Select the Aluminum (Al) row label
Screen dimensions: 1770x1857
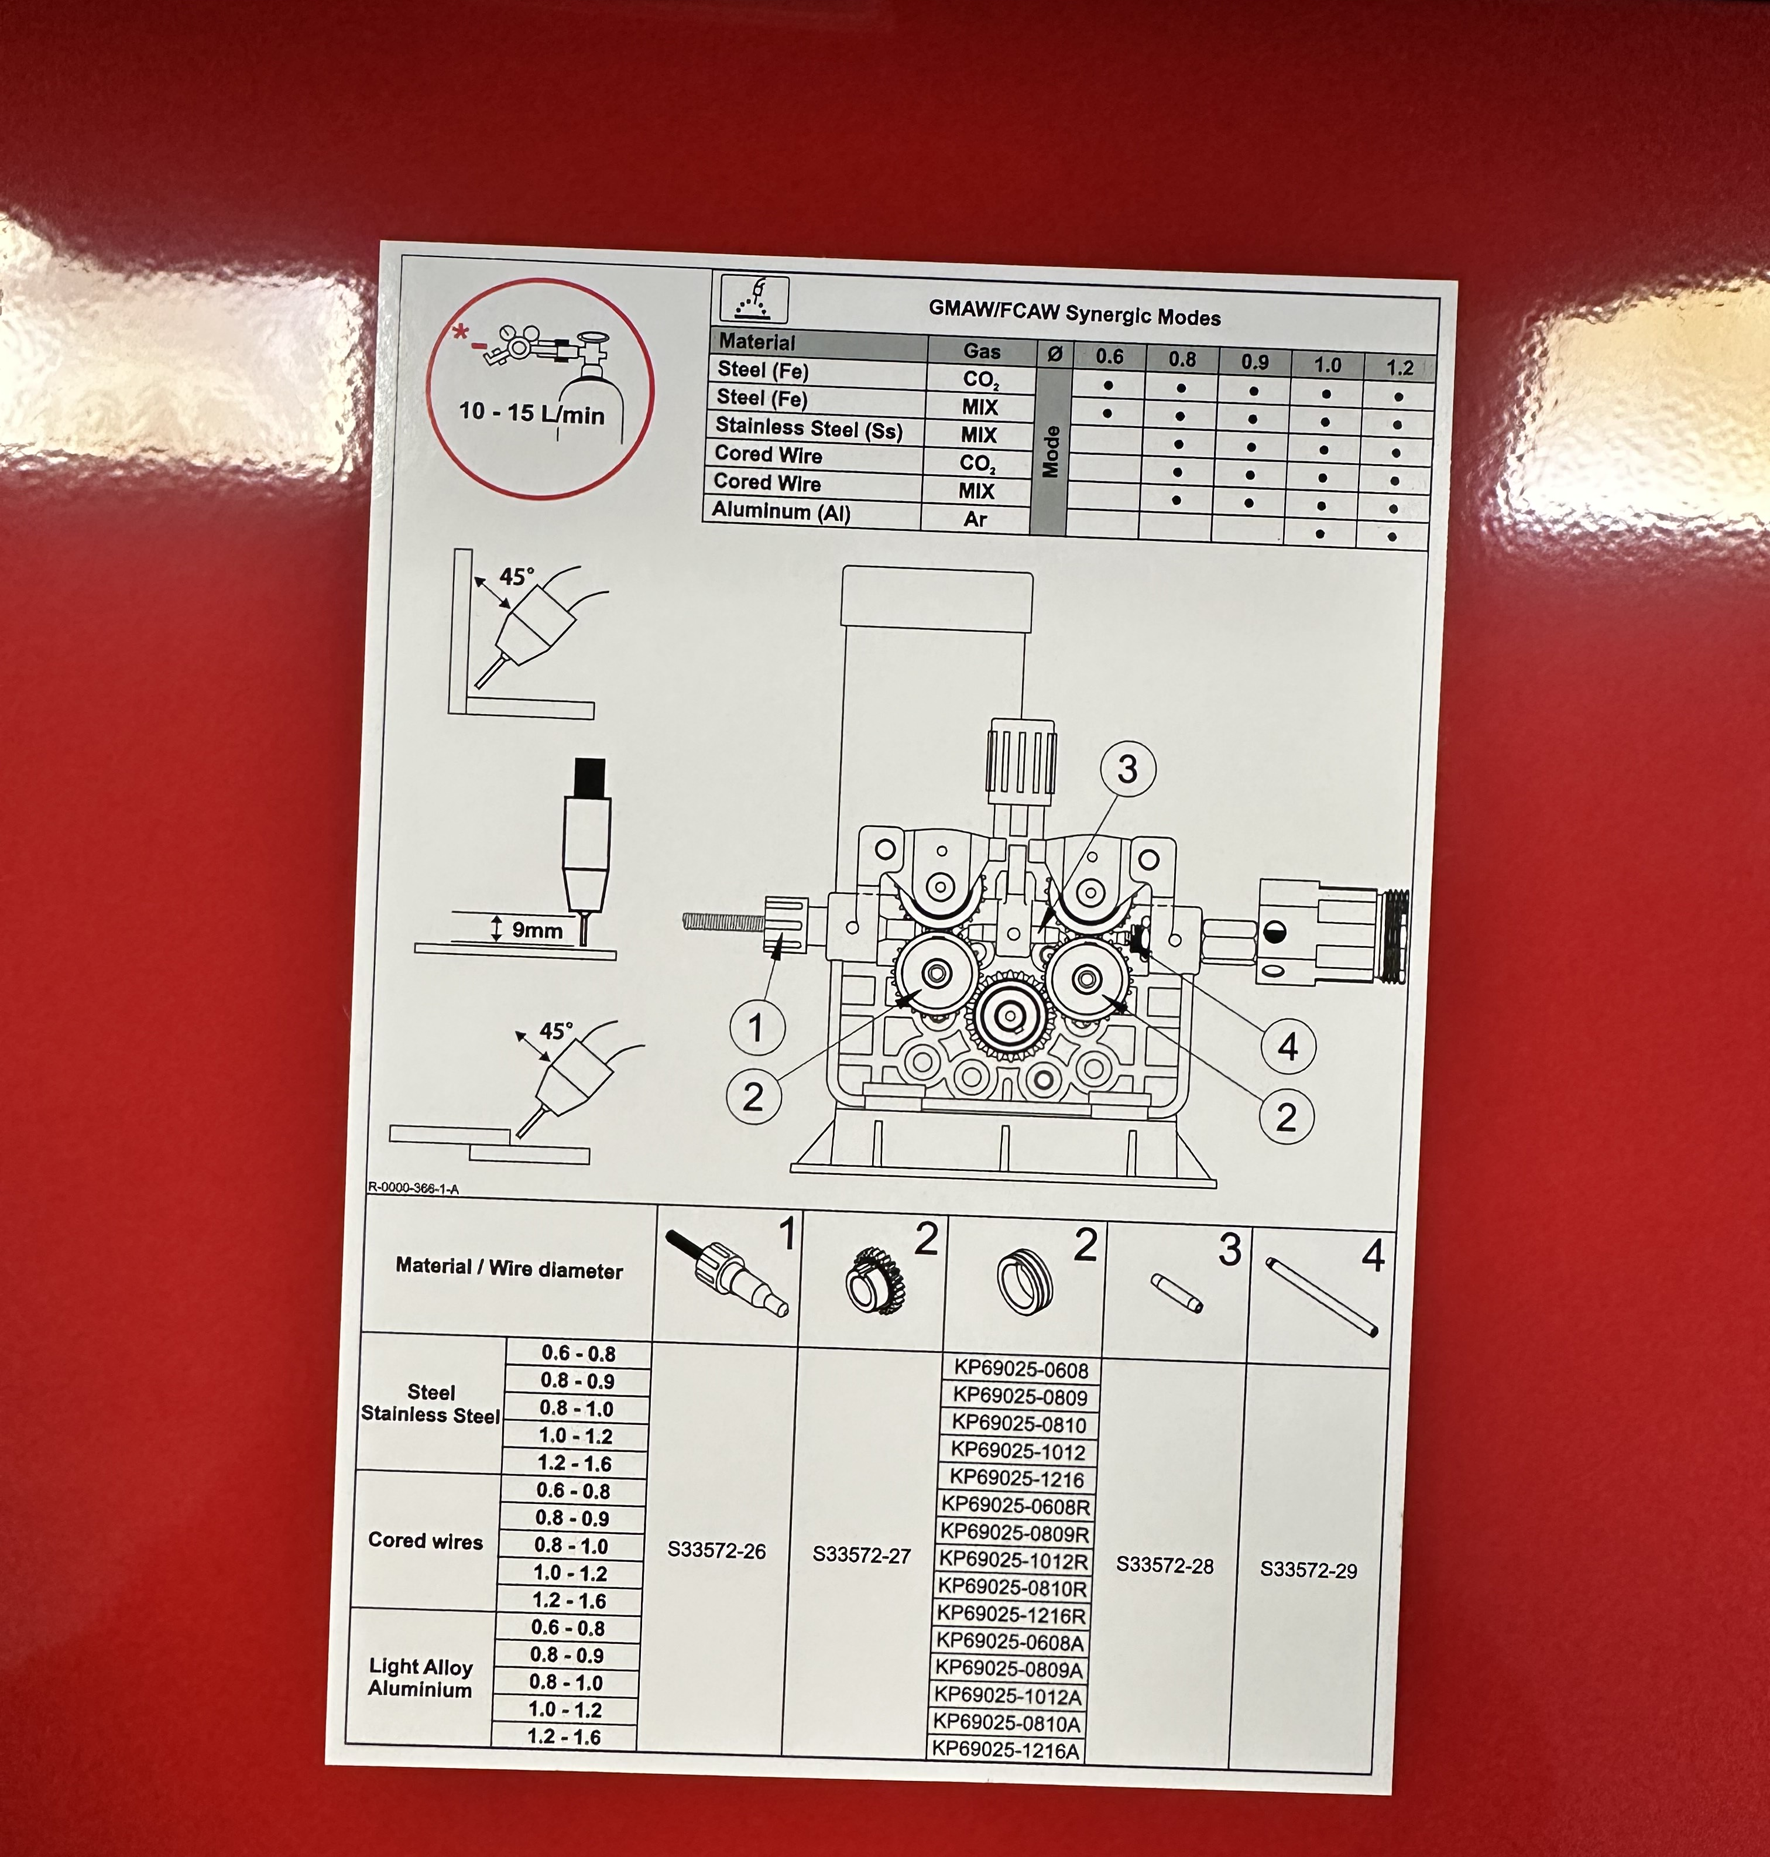[781, 512]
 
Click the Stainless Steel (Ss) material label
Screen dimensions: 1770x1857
[808, 429]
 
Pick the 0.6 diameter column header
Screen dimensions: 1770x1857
[1110, 357]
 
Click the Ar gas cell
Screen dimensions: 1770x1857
[976, 519]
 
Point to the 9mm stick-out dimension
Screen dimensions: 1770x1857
[537, 930]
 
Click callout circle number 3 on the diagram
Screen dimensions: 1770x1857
[1127, 769]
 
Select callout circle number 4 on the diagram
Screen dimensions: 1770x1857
[1288, 1046]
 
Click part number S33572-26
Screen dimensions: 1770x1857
[716, 1550]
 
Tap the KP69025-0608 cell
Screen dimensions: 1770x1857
[1021, 1369]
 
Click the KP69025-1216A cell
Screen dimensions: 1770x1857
[1006, 1750]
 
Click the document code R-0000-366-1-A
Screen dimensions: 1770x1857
[413, 1188]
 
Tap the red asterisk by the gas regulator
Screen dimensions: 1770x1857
[461, 332]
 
